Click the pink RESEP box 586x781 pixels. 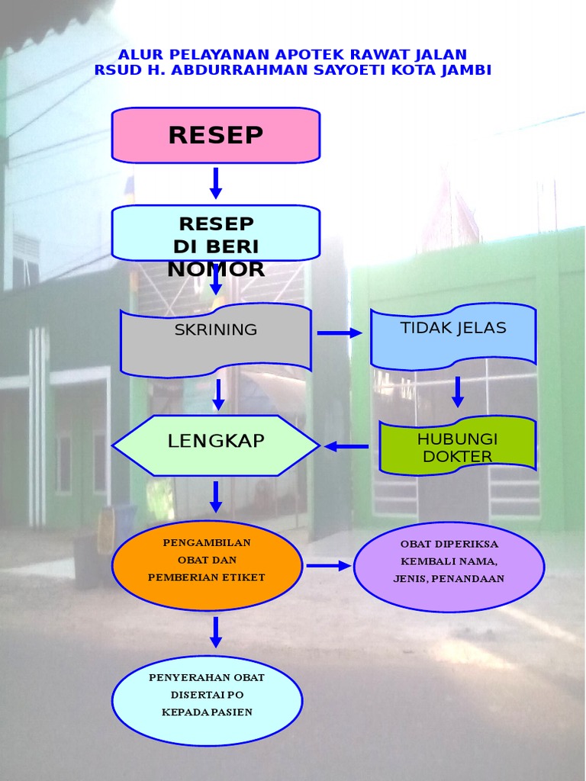click(x=216, y=135)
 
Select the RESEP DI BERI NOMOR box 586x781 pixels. click(x=216, y=233)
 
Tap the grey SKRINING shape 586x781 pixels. click(x=216, y=340)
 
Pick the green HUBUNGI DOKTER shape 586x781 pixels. click(x=458, y=445)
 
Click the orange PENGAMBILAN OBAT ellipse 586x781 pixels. click(x=207, y=565)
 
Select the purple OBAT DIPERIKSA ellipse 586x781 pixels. click(x=449, y=566)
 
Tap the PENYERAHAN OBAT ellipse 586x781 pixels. click(x=207, y=700)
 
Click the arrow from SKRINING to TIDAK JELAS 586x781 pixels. click(x=340, y=333)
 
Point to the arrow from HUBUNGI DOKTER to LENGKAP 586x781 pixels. click(x=347, y=446)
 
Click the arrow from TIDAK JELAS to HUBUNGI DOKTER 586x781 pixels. click(x=458, y=391)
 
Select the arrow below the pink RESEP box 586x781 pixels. click(x=216, y=183)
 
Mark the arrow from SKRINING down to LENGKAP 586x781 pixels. click(x=219, y=394)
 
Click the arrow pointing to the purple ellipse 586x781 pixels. click(x=328, y=566)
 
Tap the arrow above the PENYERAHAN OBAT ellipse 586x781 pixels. click(x=216, y=632)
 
